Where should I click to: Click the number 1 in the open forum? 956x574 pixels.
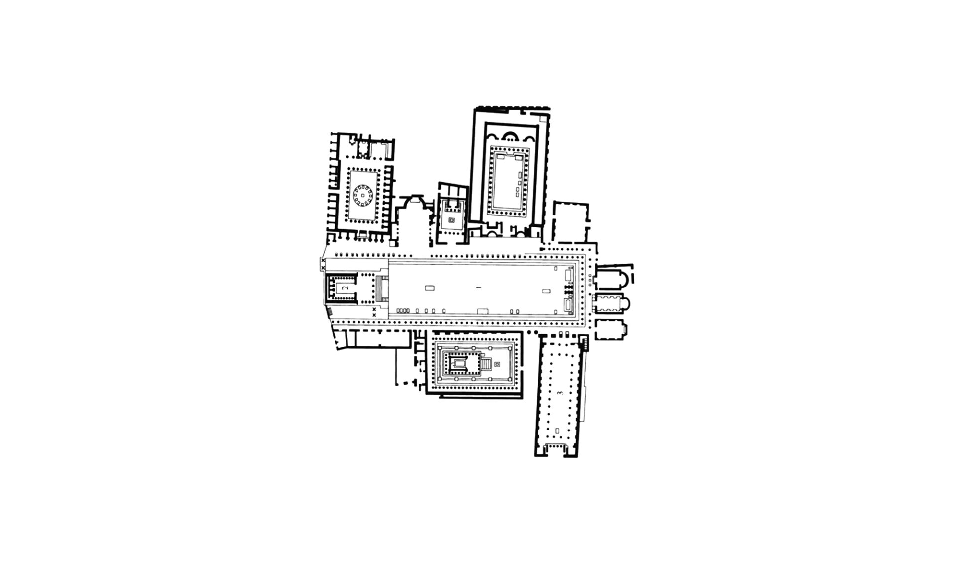click(x=477, y=287)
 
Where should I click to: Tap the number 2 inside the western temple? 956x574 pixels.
click(x=345, y=287)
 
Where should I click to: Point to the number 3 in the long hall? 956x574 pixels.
click(x=561, y=393)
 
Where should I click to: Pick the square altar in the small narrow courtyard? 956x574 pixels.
click(x=452, y=220)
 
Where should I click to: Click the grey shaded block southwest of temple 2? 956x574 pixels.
click(x=329, y=312)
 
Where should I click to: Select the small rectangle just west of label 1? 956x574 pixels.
click(x=430, y=287)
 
